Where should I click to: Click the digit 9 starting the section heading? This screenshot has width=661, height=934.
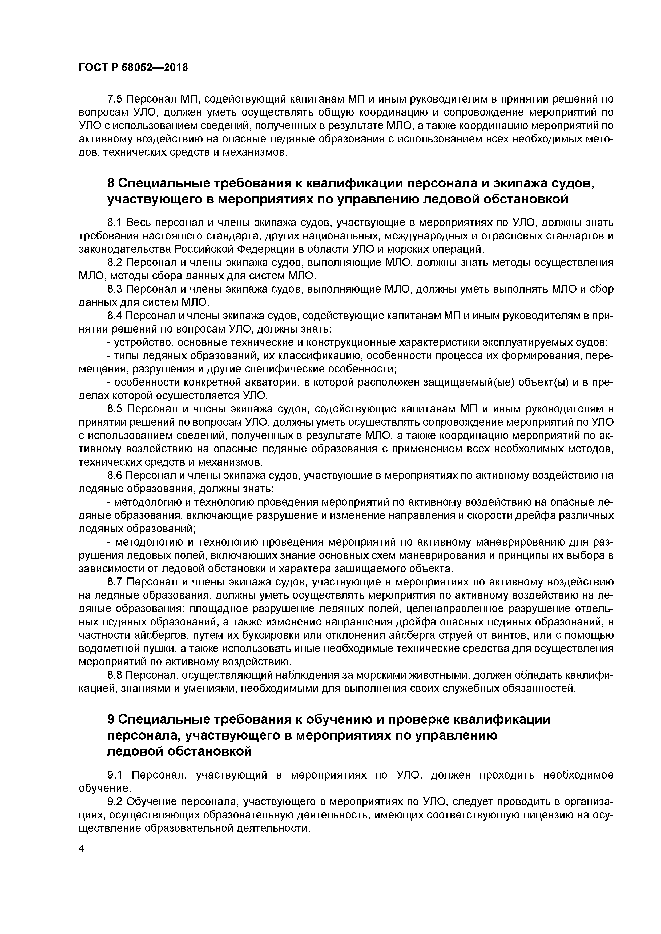click(x=110, y=720)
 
